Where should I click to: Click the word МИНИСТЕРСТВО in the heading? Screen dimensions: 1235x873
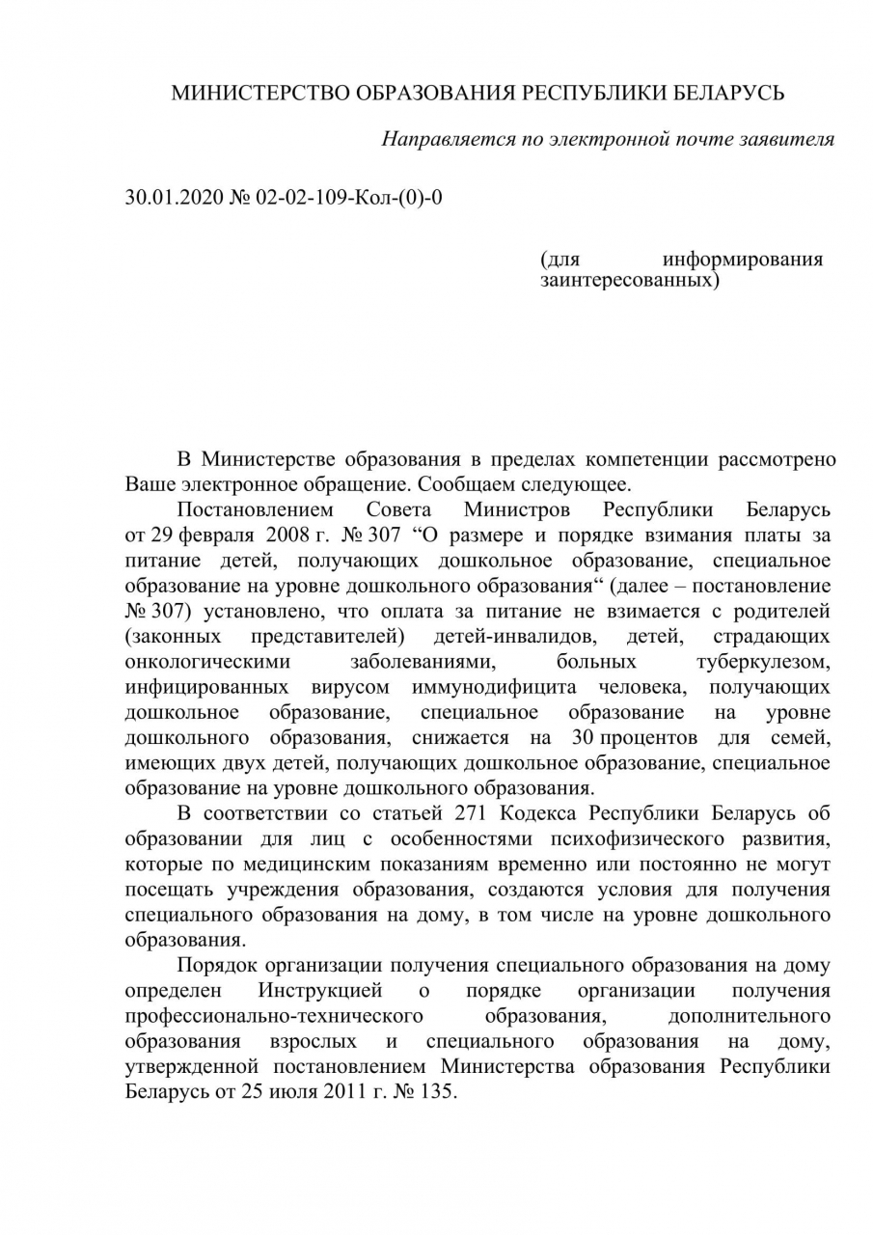(261, 94)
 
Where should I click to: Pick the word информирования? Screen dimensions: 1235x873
(743, 260)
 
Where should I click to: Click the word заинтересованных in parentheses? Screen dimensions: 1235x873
(629, 281)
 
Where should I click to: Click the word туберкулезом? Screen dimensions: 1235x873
(763, 663)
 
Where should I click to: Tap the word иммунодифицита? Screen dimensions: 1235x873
(494, 688)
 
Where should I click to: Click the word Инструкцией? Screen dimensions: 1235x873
(320, 990)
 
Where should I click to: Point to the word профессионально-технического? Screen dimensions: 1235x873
(276, 1016)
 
